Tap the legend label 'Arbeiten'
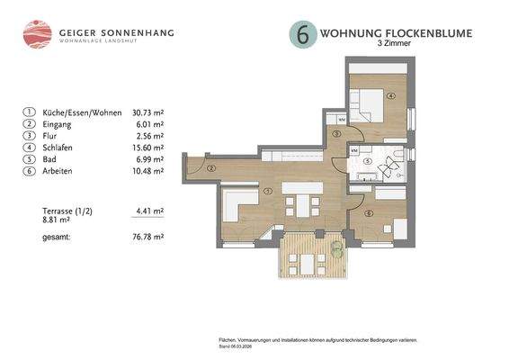[59, 170]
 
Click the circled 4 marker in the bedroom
[391, 94]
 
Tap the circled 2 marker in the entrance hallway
[210, 167]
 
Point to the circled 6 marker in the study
[369, 212]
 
